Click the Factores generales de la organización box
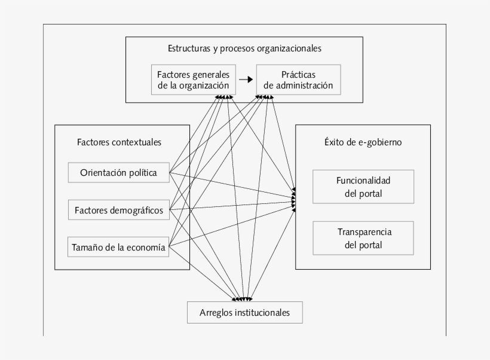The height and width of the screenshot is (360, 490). click(193, 80)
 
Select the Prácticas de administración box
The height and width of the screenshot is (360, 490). click(298, 80)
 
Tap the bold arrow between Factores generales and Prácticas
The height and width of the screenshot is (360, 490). click(244, 80)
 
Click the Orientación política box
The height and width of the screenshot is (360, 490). click(118, 173)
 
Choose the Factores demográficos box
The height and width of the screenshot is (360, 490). click(118, 210)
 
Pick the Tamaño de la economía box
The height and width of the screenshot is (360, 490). click(118, 246)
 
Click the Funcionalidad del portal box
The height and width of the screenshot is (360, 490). click(363, 187)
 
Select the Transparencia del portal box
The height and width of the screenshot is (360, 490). click(363, 238)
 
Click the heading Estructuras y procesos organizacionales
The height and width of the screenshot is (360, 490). click(244, 48)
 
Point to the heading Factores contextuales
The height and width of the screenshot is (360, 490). click(119, 142)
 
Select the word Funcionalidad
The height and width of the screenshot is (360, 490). click(363, 180)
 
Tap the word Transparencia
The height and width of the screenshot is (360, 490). click(363, 231)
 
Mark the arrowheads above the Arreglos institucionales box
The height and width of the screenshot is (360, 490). click(243, 298)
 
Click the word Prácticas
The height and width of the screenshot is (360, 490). click(298, 75)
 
